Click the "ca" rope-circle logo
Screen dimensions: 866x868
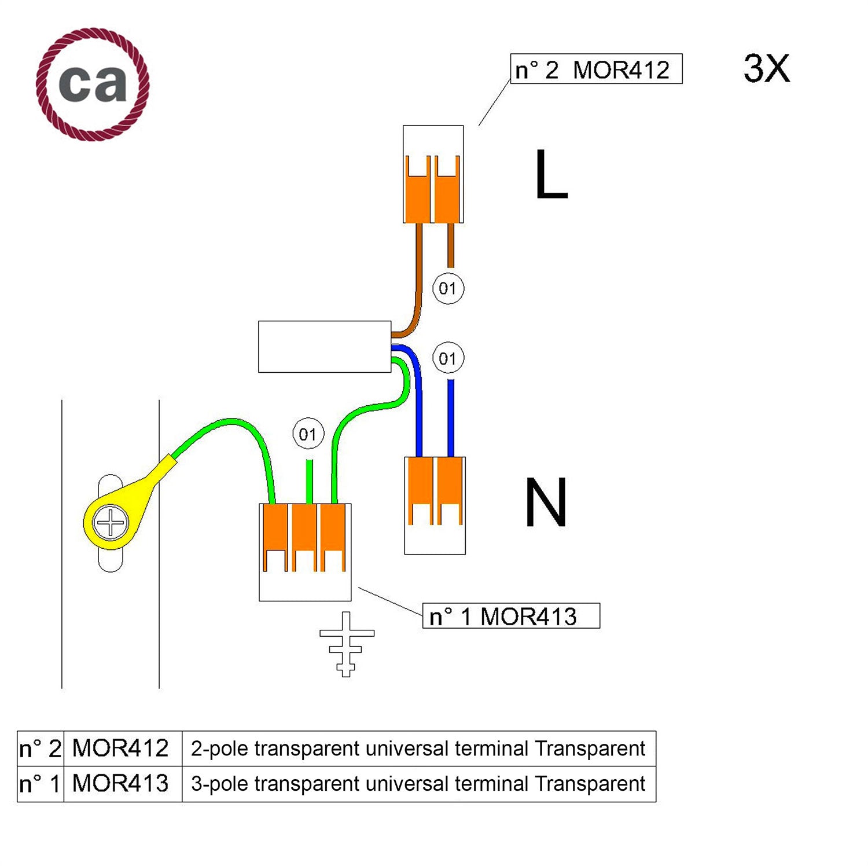point(93,84)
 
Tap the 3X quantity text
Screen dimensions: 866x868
point(766,69)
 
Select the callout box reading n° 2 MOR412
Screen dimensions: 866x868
point(596,69)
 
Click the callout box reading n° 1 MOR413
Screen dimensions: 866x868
point(511,616)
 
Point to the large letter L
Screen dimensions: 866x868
point(550,174)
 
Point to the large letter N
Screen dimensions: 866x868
point(545,502)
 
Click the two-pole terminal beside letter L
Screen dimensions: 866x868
point(433,174)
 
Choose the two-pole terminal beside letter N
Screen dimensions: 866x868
point(435,505)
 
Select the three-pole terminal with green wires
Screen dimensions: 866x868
point(305,552)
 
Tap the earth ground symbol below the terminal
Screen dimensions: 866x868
point(347,644)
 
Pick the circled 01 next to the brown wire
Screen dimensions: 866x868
point(448,288)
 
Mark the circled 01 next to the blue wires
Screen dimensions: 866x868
point(448,358)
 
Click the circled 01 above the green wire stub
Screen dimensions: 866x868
point(308,434)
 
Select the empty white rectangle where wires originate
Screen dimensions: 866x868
point(325,347)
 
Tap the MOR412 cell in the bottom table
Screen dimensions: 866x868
point(120,748)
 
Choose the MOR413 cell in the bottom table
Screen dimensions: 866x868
point(120,784)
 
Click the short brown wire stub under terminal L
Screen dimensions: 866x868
point(451,246)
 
